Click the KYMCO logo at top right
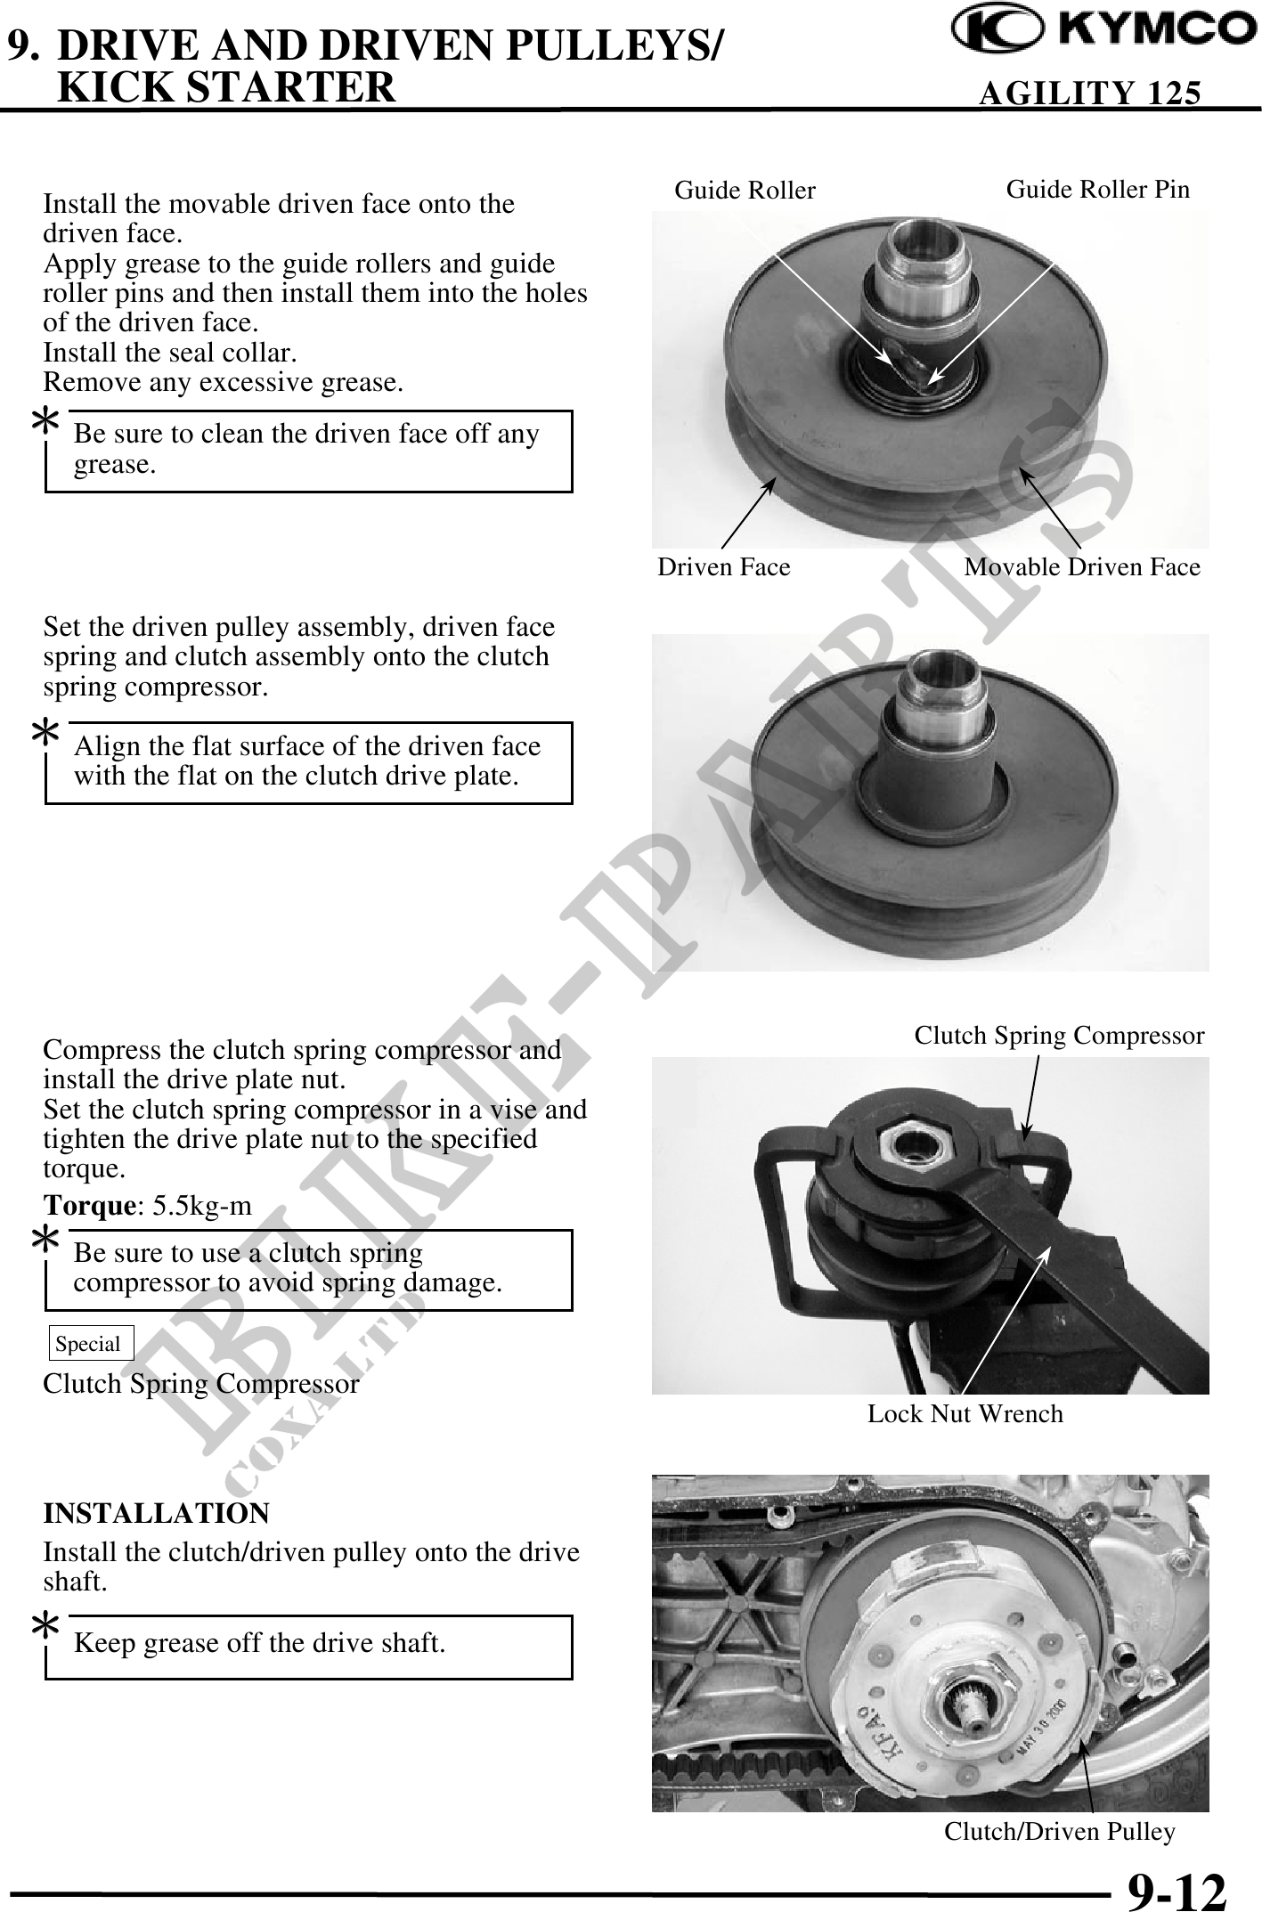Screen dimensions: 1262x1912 [1103, 31]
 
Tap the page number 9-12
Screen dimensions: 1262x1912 [1177, 1889]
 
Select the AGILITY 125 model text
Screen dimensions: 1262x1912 [1089, 93]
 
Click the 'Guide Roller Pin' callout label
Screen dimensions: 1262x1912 [1097, 189]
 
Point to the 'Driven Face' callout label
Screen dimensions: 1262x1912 [723, 567]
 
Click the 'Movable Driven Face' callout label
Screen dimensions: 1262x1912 [1082, 567]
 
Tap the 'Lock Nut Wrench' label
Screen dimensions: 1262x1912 [965, 1413]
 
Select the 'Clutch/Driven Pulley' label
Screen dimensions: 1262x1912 [1060, 1832]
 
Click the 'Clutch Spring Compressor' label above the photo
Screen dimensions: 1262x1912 [1059, 1036]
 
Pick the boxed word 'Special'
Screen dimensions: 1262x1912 [88, 1344]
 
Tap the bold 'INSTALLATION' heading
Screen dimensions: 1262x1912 [157, 1513]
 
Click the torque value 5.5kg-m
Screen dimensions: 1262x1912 [203, 1206]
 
